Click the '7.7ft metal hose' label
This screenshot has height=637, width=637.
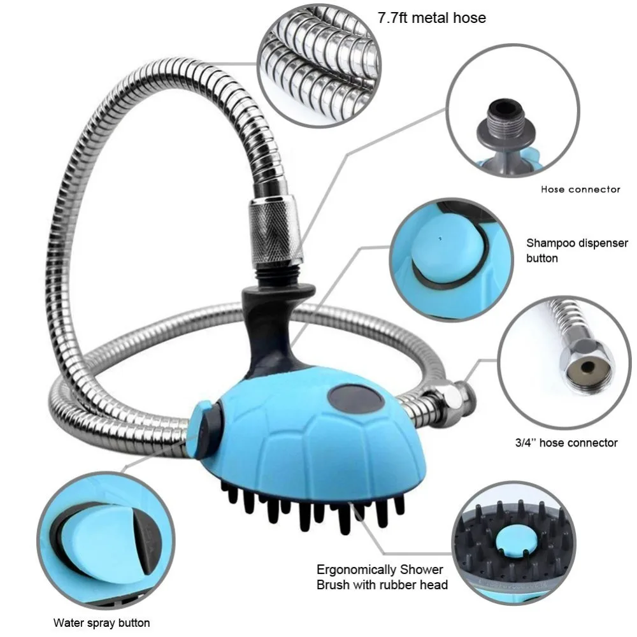(x=432, y=18)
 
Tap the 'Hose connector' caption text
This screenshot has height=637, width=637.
(x=580, y=189)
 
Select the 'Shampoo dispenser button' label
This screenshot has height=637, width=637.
(x=577, y=250)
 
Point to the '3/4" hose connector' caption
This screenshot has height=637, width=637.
(x=566, y=443)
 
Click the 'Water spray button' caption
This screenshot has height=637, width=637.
(x=101, y=623)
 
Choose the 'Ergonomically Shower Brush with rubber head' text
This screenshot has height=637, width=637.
(x=382, y=577)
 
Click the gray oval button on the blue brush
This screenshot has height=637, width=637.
(x=356, y=399)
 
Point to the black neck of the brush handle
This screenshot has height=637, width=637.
(x=275, y=325)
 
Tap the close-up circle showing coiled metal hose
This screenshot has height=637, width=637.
(x=320, y=64)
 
